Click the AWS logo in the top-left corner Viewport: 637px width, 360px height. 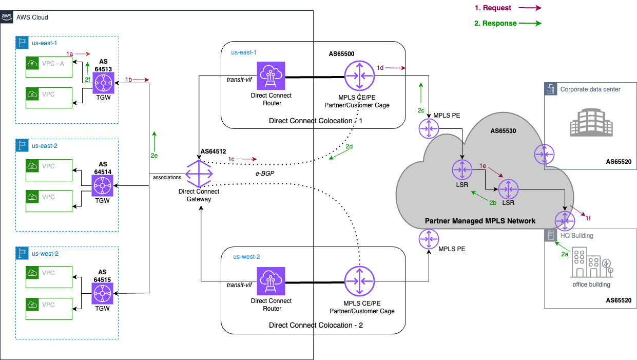point(7,17)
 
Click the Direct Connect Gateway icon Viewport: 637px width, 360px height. point(199,174)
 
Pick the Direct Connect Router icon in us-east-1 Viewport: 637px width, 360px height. point(271,77)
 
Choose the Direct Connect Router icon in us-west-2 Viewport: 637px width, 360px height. point(271,281)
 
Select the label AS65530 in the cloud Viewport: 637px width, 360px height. point(503,131)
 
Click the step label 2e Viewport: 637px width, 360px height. point(154,154)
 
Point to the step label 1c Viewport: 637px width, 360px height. point(231,159)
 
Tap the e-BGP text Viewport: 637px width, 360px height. point(264,174)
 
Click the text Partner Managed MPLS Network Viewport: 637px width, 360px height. point(480,221)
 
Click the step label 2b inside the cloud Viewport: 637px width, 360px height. point(492,203)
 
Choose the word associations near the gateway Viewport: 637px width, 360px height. point(167,177)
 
